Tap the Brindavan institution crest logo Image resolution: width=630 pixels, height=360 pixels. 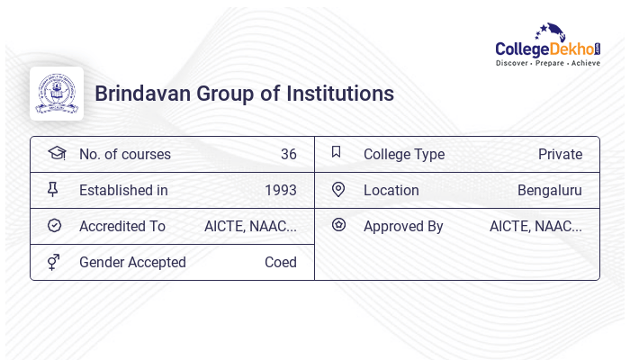tap(57, 94)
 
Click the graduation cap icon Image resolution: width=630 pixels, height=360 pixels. tap(56, 153)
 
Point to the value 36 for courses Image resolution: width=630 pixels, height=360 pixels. tap(288, 155)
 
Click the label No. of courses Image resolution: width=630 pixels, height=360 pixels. tap(124, 155)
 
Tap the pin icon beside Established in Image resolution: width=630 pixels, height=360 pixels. tap(53, 190)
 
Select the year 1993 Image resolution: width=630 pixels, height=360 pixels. tap(280, 191)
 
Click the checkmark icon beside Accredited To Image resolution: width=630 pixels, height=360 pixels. tap(54, 226)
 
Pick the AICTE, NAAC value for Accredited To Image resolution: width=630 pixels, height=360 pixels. tap(250, 227)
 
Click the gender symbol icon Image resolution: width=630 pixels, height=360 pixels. tap(54, 262)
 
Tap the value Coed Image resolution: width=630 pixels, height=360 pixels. tap(280, 263)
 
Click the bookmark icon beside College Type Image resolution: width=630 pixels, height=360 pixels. tap(337, 153)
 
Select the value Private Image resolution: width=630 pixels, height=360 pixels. tap(560, 155)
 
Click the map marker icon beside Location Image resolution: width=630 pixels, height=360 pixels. tap(337, 190)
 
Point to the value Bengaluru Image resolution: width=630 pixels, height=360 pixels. tap(549, 191)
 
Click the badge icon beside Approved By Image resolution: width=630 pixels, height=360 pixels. tap(338, 225)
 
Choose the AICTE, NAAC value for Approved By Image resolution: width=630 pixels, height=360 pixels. tap(535, 227)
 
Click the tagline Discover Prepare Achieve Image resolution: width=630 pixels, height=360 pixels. tap(548, 64)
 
